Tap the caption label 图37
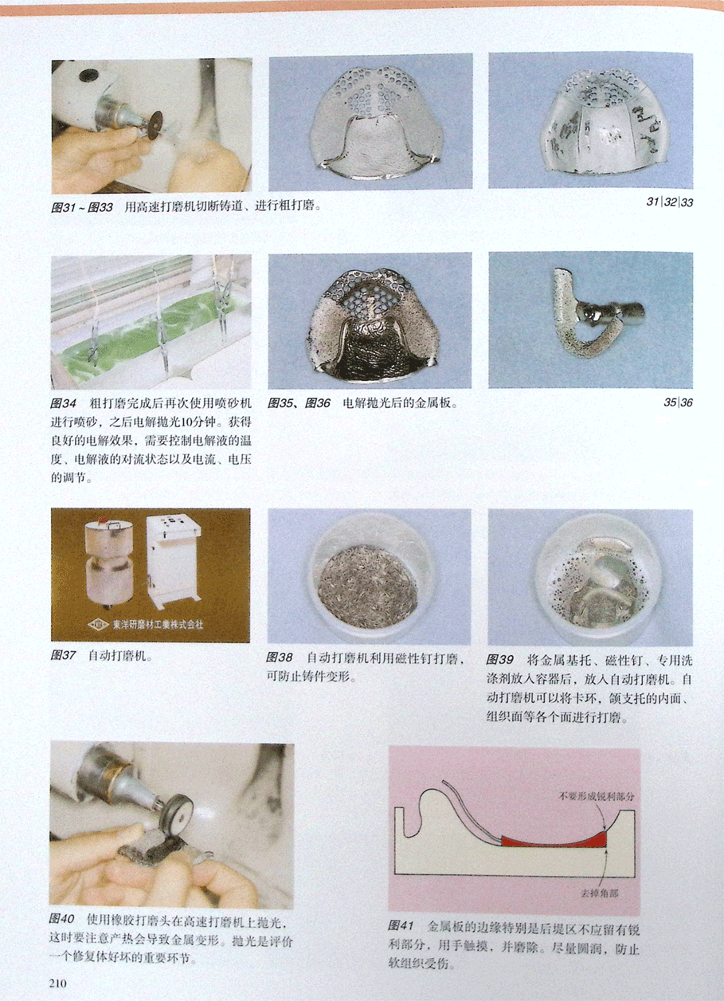pyautogui.click(x=63, y=656)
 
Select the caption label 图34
pyautogui.click(x=63, y=403)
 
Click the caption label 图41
pyautogui.click(x=401, y=924)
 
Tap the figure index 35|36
pyautogui.click(x=678, y=402)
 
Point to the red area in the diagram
pyautogui.click(x=554, y=840)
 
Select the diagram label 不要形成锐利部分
pyautogui.click(x=597, y=796)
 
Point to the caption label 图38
pyautogui.click(x=279, y=658)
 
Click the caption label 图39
pyautogui.click(x=499, y=659)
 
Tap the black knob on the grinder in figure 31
pyautogui.click(x=88, y=75)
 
